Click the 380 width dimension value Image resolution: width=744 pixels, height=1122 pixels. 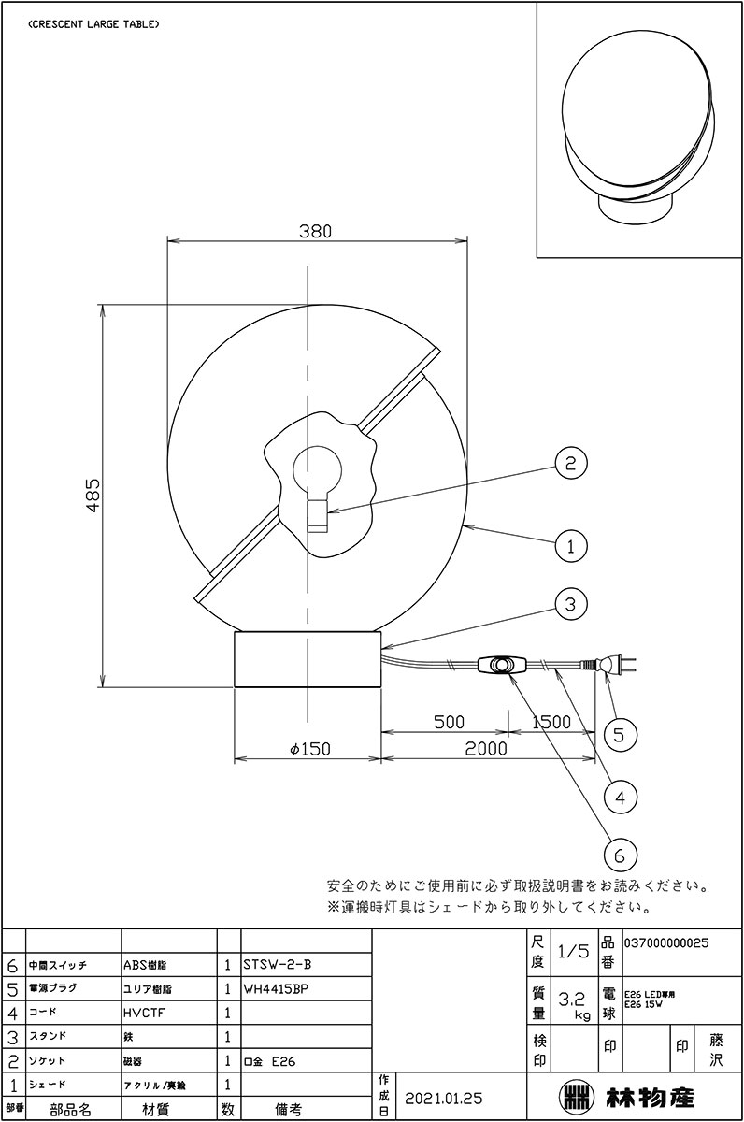pos(316,230)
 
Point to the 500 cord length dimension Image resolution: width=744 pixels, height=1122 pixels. pos(450,723)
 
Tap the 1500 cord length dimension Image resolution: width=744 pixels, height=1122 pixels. pos(551,723)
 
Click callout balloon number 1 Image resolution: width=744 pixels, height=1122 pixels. pos(570,544)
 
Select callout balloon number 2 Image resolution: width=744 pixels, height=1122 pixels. pos(570,462)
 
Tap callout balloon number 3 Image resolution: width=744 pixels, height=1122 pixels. pos(570,604)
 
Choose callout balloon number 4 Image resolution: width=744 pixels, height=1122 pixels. pos(620,796)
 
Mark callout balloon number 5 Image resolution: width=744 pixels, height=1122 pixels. pos(620,734)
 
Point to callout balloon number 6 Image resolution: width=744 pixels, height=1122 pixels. pos(620,854)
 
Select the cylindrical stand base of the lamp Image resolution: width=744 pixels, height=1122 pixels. pos(308,660)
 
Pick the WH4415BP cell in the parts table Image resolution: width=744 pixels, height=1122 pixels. pos(278,988)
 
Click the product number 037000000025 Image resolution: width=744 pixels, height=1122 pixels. pos(665,943)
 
